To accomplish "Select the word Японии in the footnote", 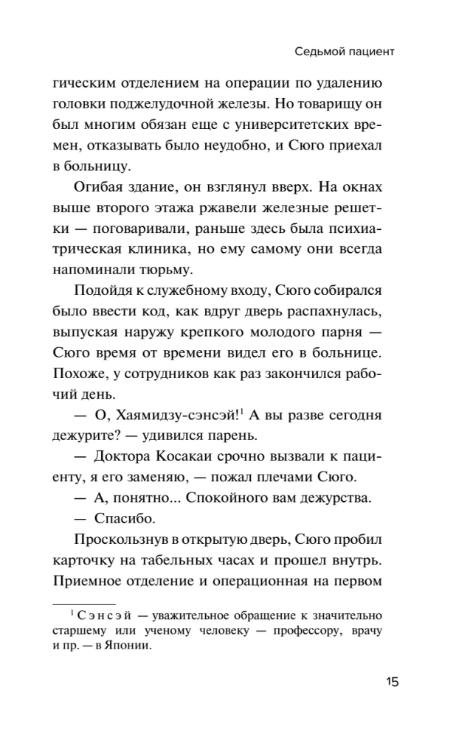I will click(x=131, y=646).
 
